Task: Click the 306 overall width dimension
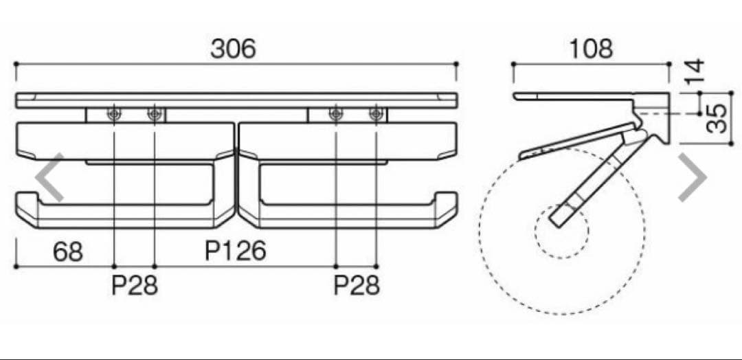coord(233,49)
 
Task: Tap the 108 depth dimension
coord(591,49)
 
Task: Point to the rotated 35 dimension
coord(716,119)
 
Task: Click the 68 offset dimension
coord(67,251)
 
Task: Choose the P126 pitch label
coord(235,251)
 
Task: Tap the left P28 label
coord(135,285)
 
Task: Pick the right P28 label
coord(357,285)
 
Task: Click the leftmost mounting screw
coord(114,114)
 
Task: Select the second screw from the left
coord(155,114)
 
